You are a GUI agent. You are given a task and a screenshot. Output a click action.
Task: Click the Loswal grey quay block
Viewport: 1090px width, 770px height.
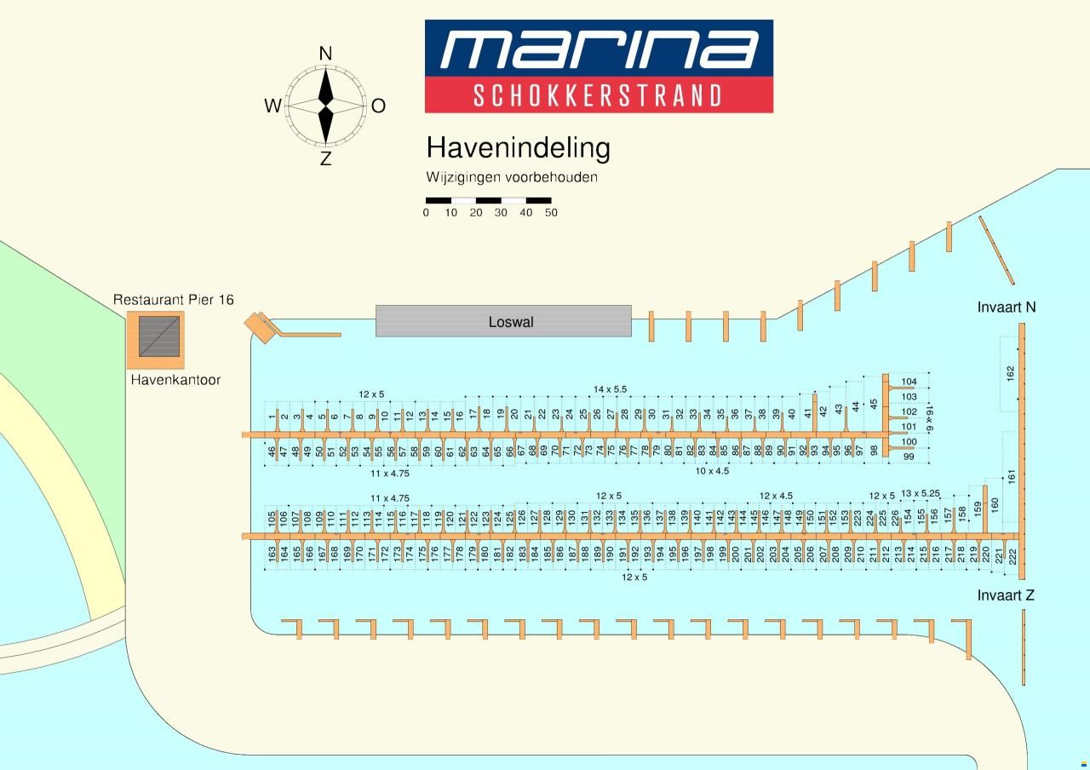(503, 321)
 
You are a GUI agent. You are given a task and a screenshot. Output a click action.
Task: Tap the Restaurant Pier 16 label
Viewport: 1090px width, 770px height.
(174, 300)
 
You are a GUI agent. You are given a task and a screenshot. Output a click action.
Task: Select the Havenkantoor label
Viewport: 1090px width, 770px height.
(175, 380)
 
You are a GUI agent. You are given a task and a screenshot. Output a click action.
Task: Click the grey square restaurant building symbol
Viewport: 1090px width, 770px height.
(159, 336)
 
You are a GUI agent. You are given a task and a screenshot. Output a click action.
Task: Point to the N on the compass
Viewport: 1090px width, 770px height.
(325, 53)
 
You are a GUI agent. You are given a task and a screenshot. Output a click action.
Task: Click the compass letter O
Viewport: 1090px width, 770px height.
(378, 106)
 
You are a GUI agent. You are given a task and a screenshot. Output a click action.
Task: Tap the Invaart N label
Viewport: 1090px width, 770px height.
(1007, 307)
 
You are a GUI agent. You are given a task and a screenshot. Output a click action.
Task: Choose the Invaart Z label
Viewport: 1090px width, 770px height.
(1006, 595)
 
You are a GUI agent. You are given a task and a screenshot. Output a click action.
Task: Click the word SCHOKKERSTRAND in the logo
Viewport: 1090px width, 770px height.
(598, 95)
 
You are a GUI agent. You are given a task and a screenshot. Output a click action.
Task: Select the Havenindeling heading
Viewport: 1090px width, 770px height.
(519, 147)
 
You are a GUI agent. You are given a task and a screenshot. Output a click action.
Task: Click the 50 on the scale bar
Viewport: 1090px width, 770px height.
(551, 213)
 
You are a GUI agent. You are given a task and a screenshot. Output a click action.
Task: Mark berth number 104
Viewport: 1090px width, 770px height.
(909, 382)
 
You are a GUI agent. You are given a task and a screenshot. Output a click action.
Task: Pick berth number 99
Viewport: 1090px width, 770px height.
(909, 457)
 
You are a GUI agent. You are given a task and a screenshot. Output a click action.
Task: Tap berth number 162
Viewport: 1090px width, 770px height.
(1011, 374)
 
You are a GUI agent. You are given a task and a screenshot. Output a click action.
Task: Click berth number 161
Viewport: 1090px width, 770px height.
(1012, 476)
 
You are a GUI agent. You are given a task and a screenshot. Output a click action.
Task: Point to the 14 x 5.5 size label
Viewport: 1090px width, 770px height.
(611, 389)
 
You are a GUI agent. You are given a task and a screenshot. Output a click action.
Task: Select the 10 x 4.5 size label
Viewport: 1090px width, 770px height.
(712, 471)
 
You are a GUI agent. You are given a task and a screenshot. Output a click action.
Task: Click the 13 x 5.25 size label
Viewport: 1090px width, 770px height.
(921, 493)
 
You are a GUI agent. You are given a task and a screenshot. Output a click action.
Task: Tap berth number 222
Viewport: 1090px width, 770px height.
(1013, 557)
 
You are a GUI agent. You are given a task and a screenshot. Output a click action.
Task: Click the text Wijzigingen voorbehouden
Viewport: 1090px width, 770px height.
(512, 177)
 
